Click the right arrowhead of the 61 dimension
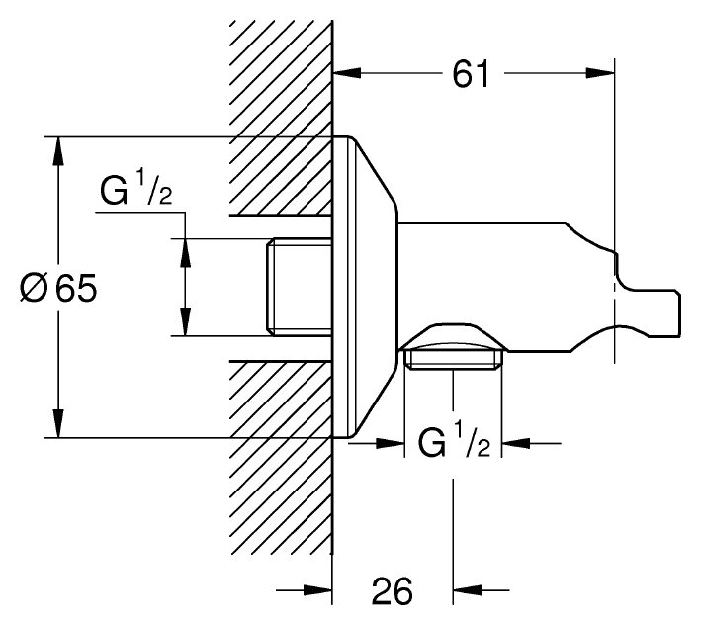(x=602, y=73)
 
